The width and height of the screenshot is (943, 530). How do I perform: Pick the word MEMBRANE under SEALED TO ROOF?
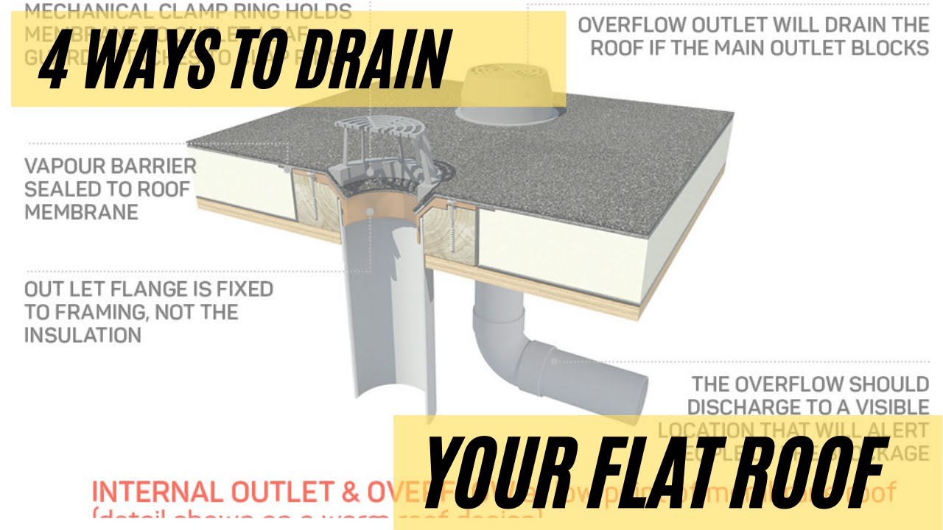[x=81, y=212]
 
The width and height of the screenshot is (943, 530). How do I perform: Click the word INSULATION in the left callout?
[x=83, y=335]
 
